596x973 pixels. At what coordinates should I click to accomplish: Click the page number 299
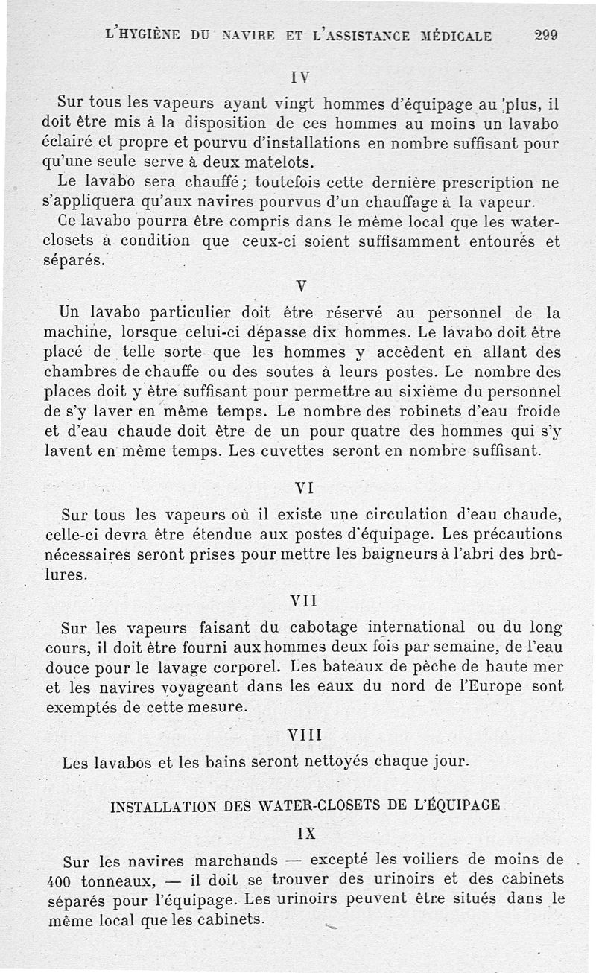pos(546,35)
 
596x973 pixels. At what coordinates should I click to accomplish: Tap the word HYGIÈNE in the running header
pos(155,35)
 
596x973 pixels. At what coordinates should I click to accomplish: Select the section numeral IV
pos(300,76)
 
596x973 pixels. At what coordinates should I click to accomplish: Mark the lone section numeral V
pos(301,287)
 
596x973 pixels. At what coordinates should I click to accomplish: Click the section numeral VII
pos(304,599)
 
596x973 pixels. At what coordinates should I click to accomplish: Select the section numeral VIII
pos(304,735)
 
